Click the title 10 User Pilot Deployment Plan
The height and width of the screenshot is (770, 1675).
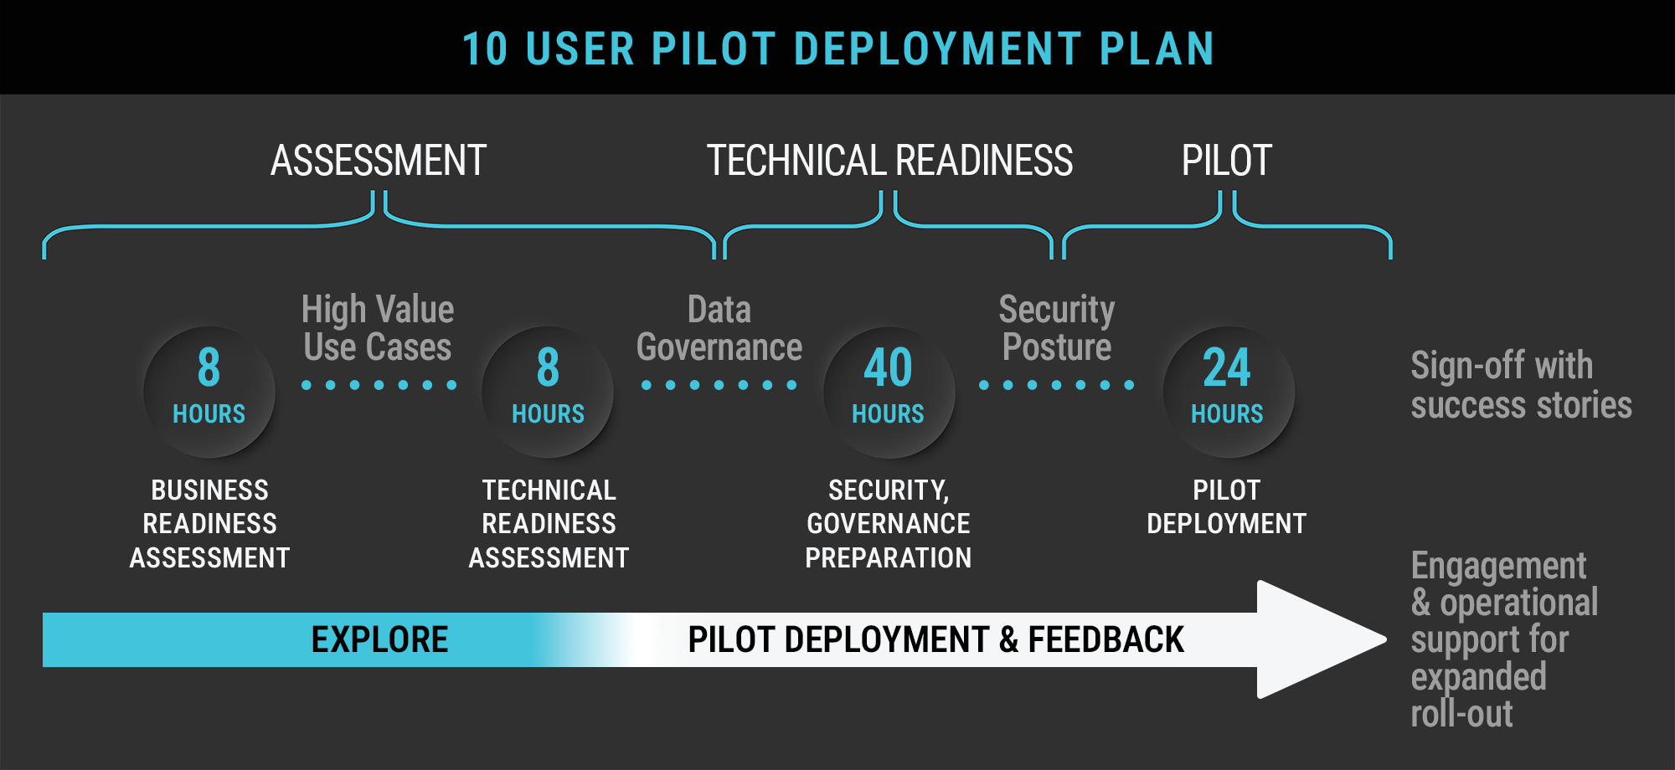pyautogui.click(x=837, y=49)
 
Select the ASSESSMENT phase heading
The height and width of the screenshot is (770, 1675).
pyautogui.click(x=379, y=161)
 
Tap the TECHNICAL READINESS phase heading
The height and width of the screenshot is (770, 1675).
pyautogui.click(x=889, y=161)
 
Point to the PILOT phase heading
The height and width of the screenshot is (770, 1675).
pyautogui.click(x=1226, y=161)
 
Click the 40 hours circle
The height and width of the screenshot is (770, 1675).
pyautogui.click(x=889, y=392)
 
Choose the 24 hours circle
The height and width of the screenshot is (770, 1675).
pyautogui.click(x=1228, y=392)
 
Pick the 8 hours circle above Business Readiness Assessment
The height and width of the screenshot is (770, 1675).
pyautogui.click(x=209, y=392)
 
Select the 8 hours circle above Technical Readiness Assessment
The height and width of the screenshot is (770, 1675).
pyautogui.click(x=548, y=392)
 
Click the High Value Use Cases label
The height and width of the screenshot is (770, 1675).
pyautogui.click(x=378, y=328)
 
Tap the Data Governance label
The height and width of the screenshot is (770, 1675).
pyautogui.click(x=719, y=328)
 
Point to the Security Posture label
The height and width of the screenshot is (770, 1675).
pyautogui.click(x=1057, y=328)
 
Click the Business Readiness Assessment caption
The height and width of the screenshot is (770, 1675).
pyautogui.click(x=209, y=524)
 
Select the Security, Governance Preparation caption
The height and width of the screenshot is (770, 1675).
pyautogui.click(x=889, y=524)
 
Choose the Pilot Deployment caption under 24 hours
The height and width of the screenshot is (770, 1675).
pyautogui.click(x=1227, y=507)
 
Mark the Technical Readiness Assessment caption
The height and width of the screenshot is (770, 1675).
pyautogui.click(x=549, y=524)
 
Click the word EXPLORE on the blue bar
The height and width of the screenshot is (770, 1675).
pyautogui.click(x=379, y=639)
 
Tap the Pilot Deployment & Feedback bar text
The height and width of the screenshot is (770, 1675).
pyautogui.click(x=935, y=639)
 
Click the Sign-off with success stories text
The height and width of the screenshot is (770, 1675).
pyautogui.click(x=1521, y=385)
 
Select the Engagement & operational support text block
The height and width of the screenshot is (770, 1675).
pyautogui.click(x=1504, y=639)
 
